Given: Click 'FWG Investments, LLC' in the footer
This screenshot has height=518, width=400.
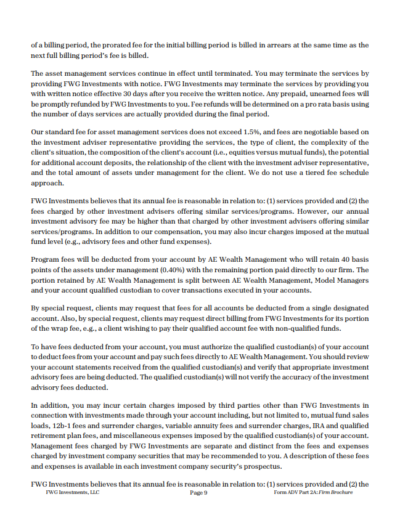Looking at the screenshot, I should [x=72, y=493].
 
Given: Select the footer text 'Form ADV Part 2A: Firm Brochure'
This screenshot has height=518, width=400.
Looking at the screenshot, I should [x=313, y=493].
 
